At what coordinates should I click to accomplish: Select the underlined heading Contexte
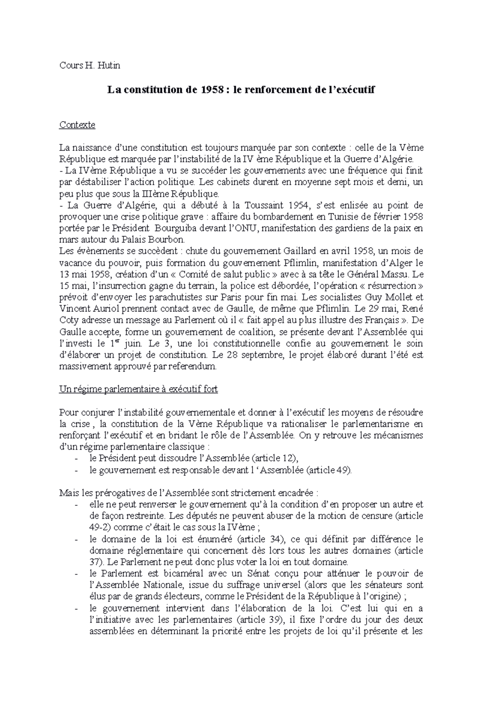pyautogui.click(x=77, y=124)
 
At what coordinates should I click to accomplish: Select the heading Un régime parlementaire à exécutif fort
pyautogui.click(x=138, y=389)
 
